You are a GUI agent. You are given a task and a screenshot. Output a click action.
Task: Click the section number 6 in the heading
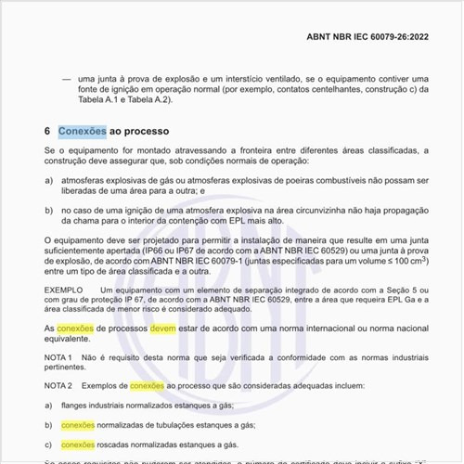point(47,131)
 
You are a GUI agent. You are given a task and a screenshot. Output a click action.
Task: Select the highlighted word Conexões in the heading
point(82,131)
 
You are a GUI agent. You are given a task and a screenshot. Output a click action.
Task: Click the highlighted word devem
point(162,329)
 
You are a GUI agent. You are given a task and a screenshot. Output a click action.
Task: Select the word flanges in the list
point(77,406)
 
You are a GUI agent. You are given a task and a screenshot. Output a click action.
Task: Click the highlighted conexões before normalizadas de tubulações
point(78,425)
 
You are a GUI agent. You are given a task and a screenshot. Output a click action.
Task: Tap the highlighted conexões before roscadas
point(78,445)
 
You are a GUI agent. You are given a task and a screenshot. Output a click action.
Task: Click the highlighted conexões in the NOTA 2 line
point(147,384)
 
